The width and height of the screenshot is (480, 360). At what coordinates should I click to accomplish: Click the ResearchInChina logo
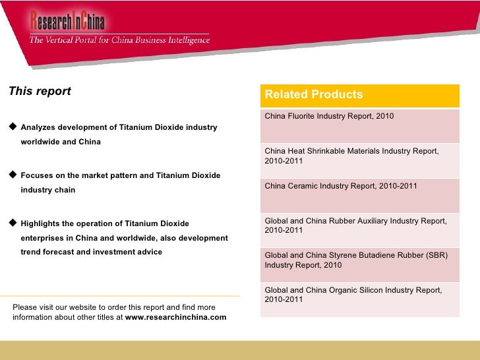tap(67, 21)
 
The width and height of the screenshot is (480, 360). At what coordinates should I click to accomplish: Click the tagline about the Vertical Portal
tap(119, 40)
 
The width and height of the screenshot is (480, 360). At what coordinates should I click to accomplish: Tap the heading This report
tap(40, 92)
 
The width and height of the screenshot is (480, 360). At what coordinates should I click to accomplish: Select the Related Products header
tap(314, 95)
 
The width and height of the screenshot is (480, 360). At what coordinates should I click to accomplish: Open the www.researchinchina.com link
tap(175, 317)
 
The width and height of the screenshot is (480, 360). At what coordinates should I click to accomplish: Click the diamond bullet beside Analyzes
tap(13, 127)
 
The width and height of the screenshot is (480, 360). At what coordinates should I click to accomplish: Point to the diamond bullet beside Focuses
tap(13, 175)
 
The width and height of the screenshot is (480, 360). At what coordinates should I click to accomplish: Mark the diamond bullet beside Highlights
tap(13, 224)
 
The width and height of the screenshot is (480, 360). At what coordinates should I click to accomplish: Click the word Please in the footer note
tap(26, 307)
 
